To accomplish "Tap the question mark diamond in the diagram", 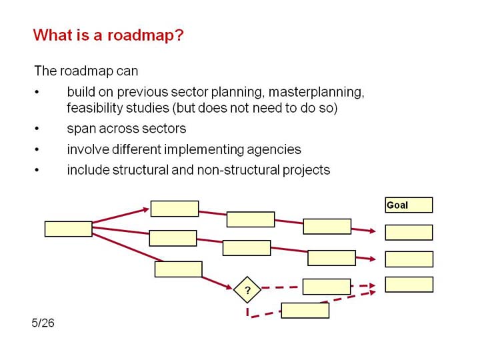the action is point(247,289).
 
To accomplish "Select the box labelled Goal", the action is point(409,205).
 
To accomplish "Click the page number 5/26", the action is point(43,323).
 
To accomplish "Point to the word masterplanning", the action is point(316,92).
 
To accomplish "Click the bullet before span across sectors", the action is point(37,129).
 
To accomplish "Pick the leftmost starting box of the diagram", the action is point(68,229).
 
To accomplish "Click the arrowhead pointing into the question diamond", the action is point(229,287).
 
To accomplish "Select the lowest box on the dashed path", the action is point(305,311).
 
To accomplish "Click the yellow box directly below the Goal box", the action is point(409,233).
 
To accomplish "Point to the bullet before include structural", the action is point(37,170).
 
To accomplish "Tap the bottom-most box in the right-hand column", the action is point(409,285).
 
